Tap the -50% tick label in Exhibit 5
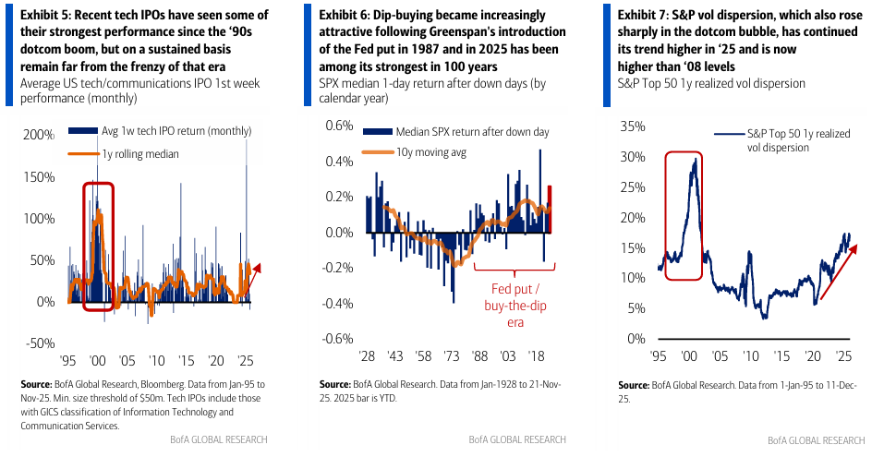39,343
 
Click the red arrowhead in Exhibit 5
258,268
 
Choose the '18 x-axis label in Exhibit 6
535,355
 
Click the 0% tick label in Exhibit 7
636,339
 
